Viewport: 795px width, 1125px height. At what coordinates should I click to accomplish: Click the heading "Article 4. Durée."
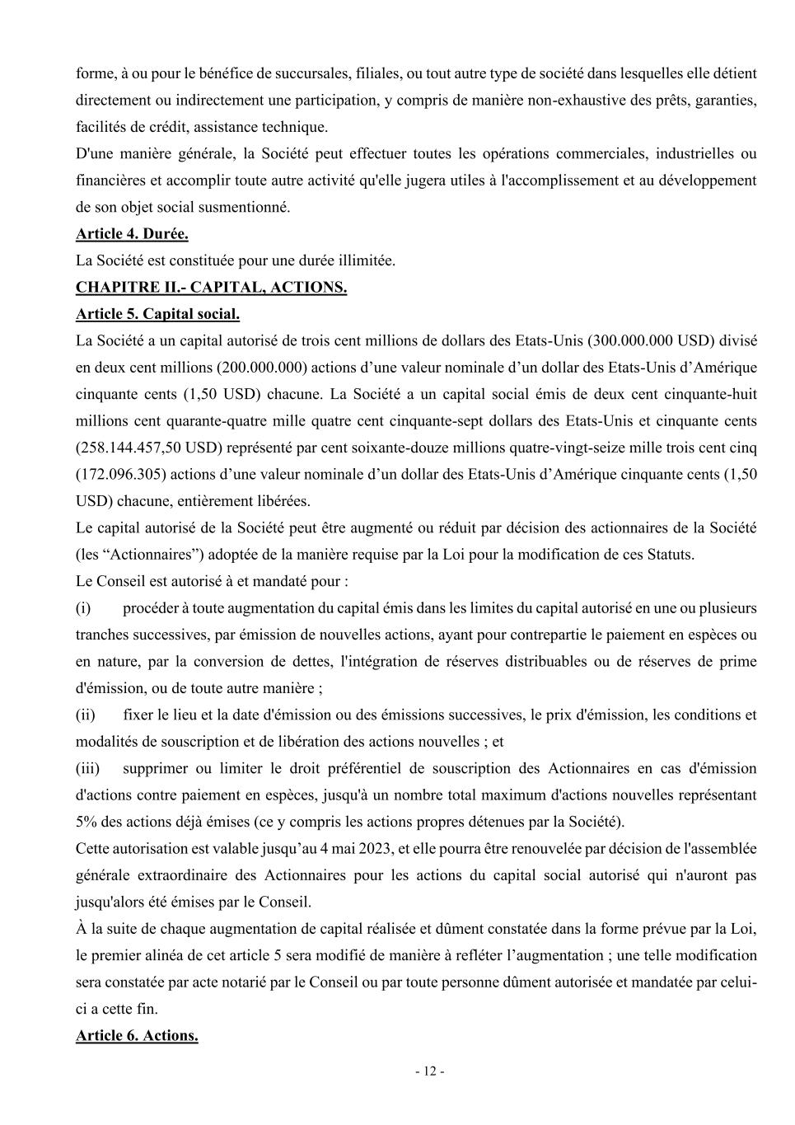[132, 234]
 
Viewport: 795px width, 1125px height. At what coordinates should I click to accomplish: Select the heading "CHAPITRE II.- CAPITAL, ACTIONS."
[211, 288]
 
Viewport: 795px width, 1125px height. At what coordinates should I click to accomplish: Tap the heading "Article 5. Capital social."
[157, 314]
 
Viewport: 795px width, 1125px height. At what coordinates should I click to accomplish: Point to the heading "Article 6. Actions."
[137, 1036]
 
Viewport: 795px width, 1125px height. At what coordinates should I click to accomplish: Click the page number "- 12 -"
[429, 1071]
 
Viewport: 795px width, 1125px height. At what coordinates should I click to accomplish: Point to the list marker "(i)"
[83, 608]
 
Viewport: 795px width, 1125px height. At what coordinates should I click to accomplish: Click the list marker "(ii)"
[86, 715]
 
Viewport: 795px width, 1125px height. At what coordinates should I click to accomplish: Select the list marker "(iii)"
[87, 769]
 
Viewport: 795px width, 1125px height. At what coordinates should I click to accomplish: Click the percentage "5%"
[87, 822]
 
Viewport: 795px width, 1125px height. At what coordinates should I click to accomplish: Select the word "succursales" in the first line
[312, 73]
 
